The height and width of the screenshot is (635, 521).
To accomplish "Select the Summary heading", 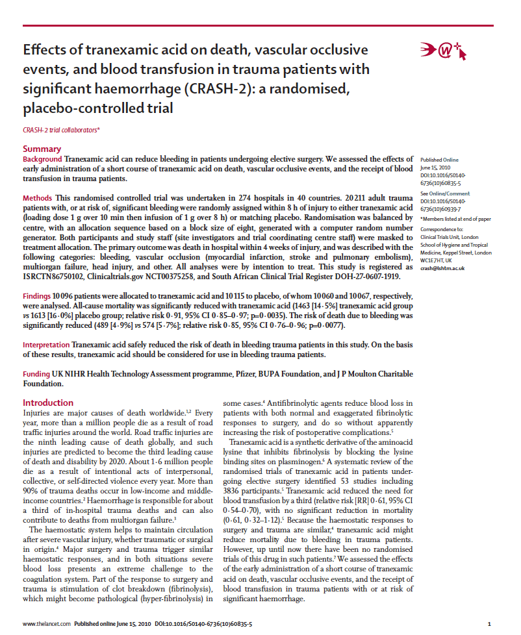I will tap(42, 149).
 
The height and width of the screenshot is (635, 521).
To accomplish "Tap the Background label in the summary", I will tap(42, 159).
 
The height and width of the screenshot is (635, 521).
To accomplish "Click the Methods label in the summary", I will tap(38, 197).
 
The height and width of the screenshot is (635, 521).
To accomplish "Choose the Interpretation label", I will tap(46, 345).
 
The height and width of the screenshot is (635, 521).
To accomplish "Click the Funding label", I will tap(36, 374).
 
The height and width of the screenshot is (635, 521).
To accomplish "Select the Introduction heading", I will tap(49, 403).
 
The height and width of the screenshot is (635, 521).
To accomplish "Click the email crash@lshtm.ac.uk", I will tap(442, 268).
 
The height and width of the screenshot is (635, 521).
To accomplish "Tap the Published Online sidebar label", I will tap(439, 159).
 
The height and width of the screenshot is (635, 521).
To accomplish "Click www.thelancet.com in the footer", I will tap(47, 624).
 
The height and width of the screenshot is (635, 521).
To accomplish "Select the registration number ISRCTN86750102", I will tap(58, 275).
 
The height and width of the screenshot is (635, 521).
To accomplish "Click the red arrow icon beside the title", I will tap(427, 51).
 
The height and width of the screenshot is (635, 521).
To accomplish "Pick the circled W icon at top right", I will tap(446, 51).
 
